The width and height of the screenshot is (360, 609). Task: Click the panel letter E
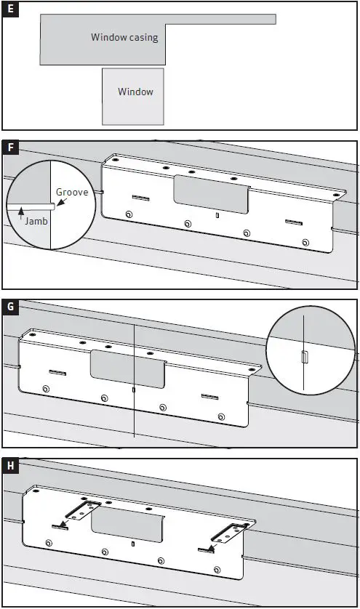tap(10, 9)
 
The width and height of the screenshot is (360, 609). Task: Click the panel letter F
tap(10, 148)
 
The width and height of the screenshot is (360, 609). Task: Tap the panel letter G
tap(10, 307)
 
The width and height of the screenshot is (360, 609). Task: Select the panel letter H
tap(10, 466)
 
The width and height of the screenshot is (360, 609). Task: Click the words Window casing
tap(124, 37)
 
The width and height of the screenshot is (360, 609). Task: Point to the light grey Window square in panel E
tap(133, 97)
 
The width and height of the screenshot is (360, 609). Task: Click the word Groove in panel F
tap(72, 192)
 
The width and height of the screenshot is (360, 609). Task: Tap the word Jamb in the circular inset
tap(36, 221)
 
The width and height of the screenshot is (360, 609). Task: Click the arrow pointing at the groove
tap(61, 201)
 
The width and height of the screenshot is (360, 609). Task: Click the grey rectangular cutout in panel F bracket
tap(211, 194)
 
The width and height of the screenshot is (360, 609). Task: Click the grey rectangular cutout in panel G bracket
tap(127, 368)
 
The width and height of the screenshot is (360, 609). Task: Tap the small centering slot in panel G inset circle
tap(305, 357)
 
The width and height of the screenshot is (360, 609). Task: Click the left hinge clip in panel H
tap(83, 510)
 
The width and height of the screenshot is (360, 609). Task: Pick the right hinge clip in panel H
tap(229, 533)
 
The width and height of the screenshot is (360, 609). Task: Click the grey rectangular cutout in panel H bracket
tap(127, 525)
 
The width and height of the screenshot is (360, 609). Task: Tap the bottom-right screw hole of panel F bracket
tap(305, 243)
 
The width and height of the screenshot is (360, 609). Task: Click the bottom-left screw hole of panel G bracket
tap(46, 389)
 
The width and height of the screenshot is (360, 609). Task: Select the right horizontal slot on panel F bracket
tap(294, 222)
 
